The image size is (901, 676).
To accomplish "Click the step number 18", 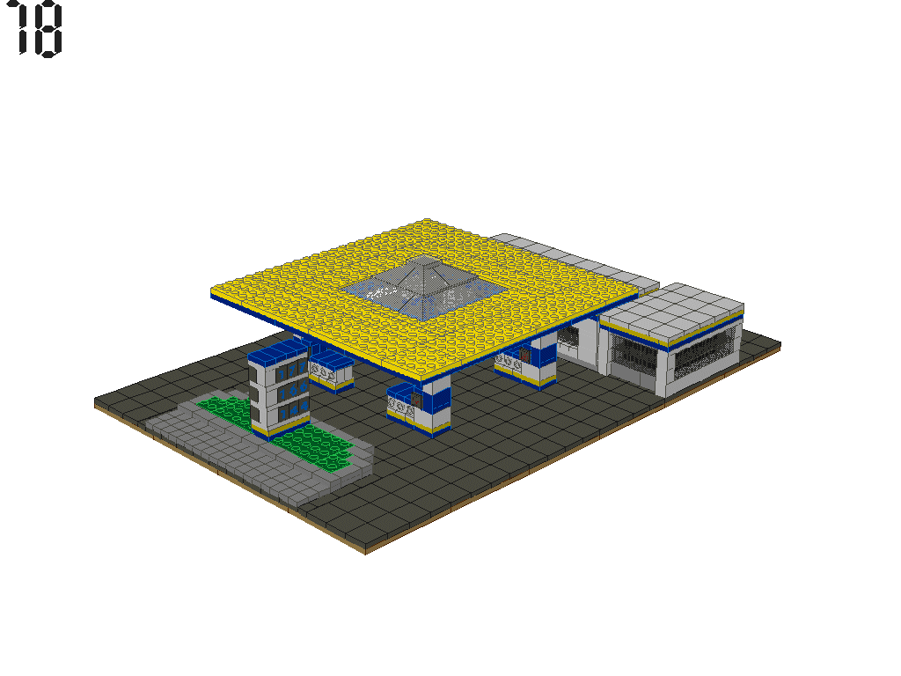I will click(39, 29).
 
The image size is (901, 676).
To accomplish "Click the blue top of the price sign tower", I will click(276, 353).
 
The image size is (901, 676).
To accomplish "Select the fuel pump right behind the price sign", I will click(331, 370).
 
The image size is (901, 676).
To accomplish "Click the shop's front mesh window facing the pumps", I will click(632, 352).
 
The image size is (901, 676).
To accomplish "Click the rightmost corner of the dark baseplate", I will click(780, 343).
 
